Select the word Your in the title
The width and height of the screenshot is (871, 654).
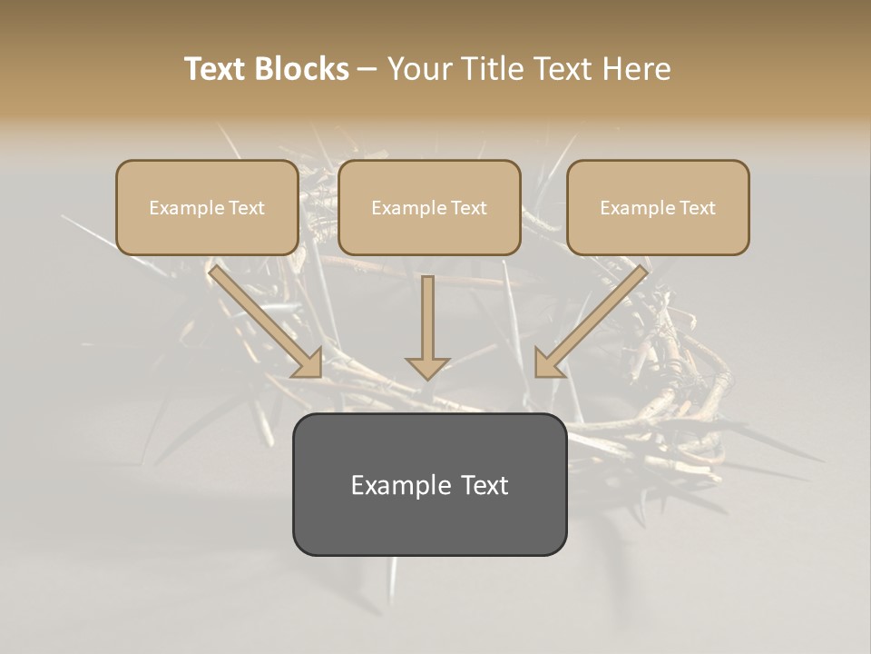[421, 69]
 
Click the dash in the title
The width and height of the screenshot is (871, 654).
[367, 70]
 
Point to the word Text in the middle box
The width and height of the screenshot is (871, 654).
[469, 208]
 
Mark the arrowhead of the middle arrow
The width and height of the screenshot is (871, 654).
[427, 367]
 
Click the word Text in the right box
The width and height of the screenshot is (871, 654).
[698, 208]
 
